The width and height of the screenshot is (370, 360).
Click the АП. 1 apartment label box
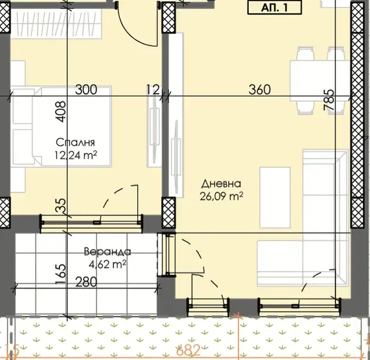(274, 8)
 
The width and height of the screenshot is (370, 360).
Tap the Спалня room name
(75, 142)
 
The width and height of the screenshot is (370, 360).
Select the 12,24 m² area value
(76, 155)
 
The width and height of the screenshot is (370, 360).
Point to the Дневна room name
(221, 184)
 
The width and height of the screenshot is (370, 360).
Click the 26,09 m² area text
(221, 196)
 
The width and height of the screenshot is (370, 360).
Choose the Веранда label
(108, 251)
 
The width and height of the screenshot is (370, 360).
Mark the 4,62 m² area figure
(107, 264)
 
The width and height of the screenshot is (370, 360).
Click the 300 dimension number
(86, 90)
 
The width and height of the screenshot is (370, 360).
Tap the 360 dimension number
(260, 90)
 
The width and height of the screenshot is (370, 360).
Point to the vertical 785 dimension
(329, 100)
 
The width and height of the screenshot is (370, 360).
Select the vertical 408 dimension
(61, 111)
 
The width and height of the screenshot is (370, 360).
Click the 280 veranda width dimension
(86, 282)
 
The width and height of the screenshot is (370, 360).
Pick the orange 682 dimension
(188, 350)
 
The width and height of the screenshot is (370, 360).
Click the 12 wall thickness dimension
(153, 90)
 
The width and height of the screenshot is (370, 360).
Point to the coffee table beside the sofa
(275, 197)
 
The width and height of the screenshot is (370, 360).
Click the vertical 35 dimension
(61, 205)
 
